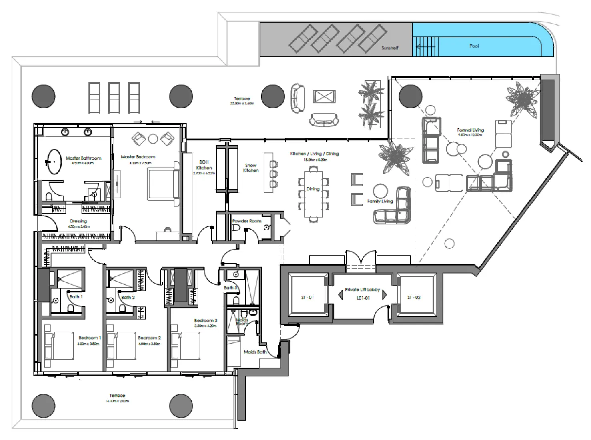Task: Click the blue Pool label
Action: pos(474,46)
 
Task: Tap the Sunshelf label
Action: pos(389,48)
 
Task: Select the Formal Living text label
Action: pos(470,130)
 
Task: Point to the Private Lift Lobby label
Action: pos(362,290)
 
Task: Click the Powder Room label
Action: pos(246,221)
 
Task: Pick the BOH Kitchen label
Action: pos(204,165)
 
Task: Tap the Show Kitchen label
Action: pos(251,168)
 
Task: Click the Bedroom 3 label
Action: pos(205,320)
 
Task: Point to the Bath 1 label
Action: pos(76,297)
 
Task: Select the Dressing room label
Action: pos(78,221)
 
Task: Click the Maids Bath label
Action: pos(255,352)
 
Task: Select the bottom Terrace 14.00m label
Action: pos(117,396)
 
